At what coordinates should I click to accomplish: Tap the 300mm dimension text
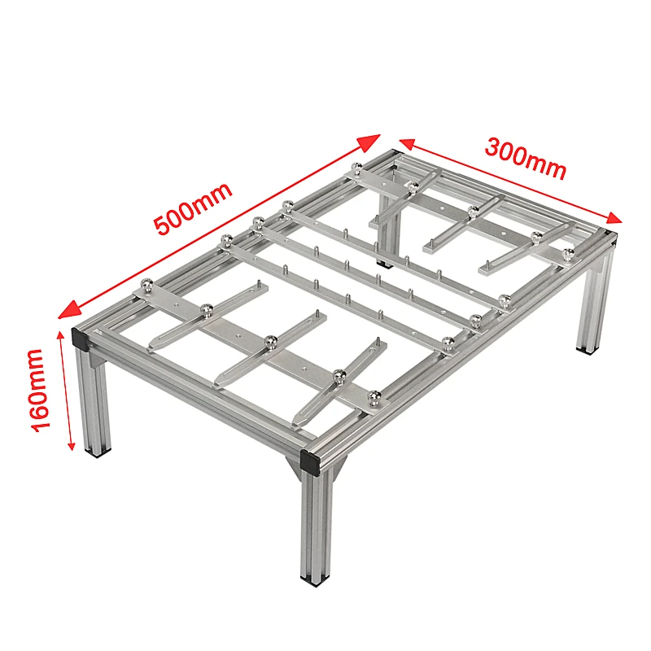pyautogui.click(x=525, y=158)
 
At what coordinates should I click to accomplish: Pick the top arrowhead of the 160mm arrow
pyautogui.click(x=64, y=336)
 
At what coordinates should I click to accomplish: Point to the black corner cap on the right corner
pyautogui.click(x=610, y=237)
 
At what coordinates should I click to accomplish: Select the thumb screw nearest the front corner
pyautogui.click(x=374, y=397)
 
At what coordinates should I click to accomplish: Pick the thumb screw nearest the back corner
pyautogui.click(x=358, y=168)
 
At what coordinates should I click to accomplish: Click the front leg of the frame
pyautogui.click(x=316, y=521)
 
